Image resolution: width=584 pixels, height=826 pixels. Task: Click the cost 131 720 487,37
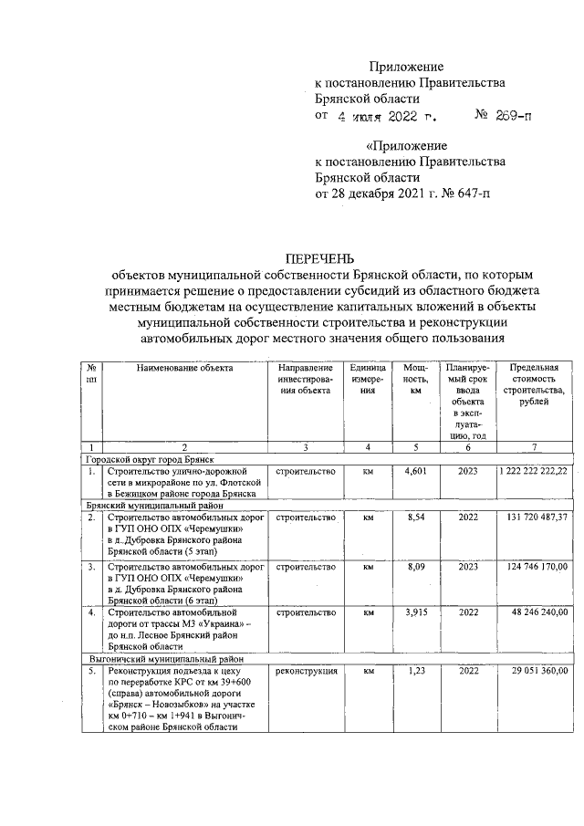(534, 518)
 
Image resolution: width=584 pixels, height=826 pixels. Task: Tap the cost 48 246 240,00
(537, 612)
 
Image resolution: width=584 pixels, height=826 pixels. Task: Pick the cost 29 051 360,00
(537, 671)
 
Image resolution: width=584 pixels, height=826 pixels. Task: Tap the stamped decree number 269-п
(510, 116)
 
